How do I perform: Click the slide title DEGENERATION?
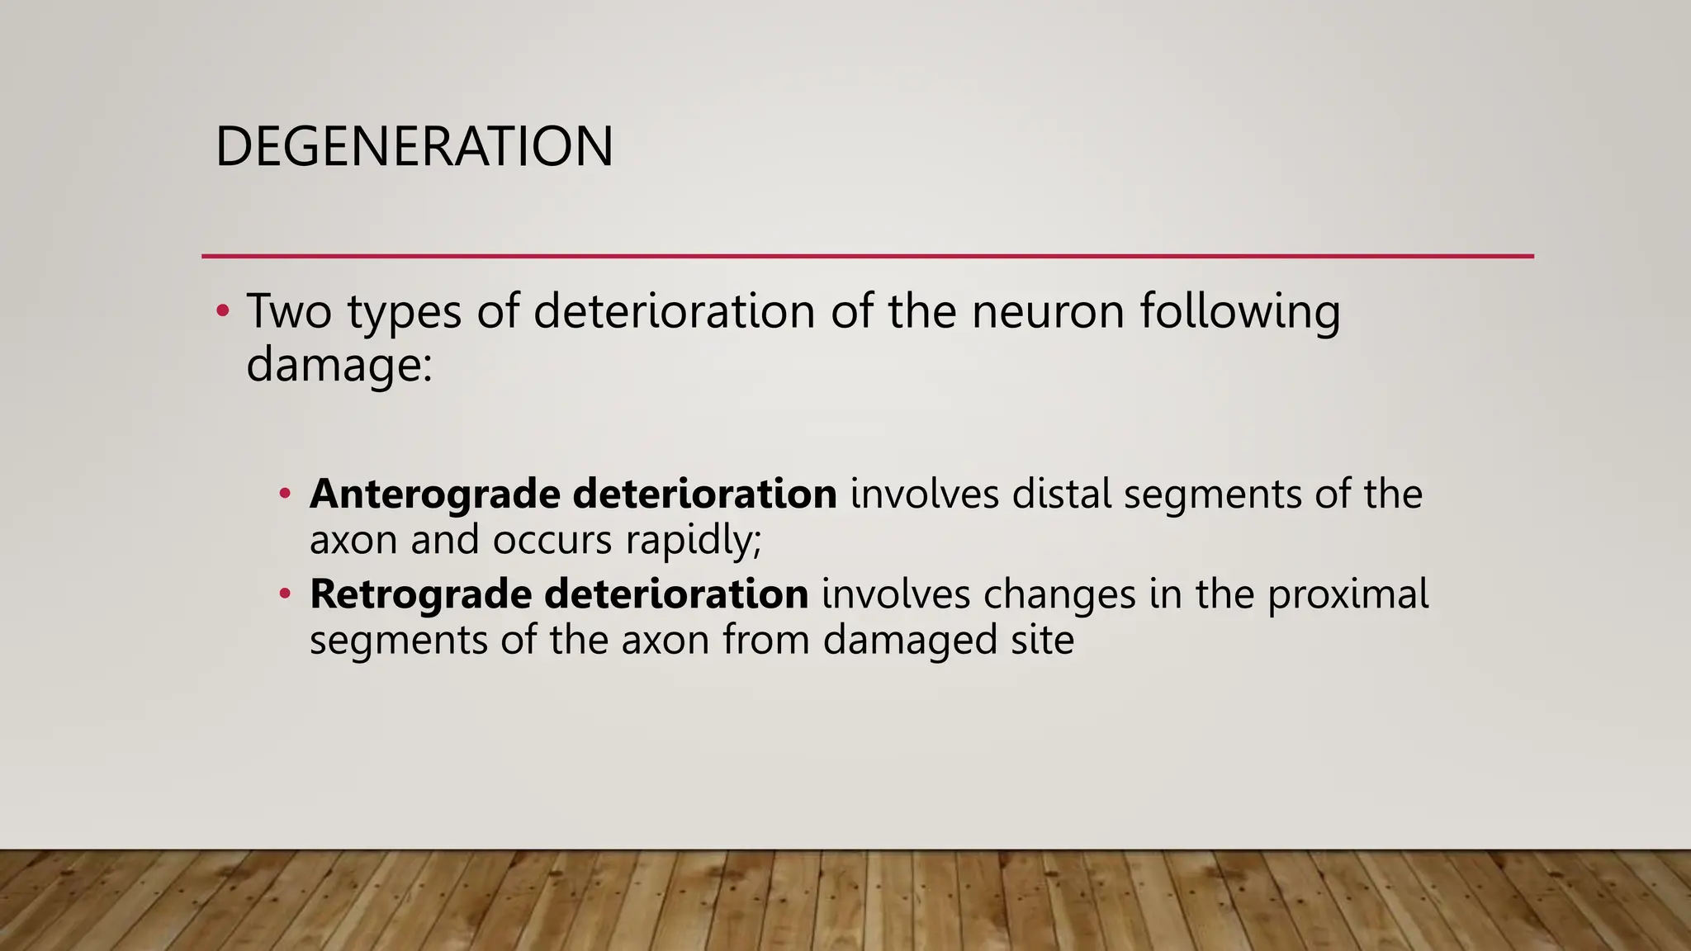tap(414, 147)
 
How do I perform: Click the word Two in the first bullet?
tap(289, 311)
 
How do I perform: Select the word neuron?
tap(1048, 311)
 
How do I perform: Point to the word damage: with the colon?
tap(339, 364)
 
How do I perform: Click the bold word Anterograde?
tap(434, 494)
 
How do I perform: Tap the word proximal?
tap(1348, 594)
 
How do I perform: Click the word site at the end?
tap(1043, 640)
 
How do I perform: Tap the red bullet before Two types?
tap(221, 311)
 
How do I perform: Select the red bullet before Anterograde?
tap(285, 494)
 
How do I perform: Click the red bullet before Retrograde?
tap(285, 594)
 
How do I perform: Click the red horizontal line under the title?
tap(867, 256)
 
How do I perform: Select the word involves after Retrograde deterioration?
tap(895, 594)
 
